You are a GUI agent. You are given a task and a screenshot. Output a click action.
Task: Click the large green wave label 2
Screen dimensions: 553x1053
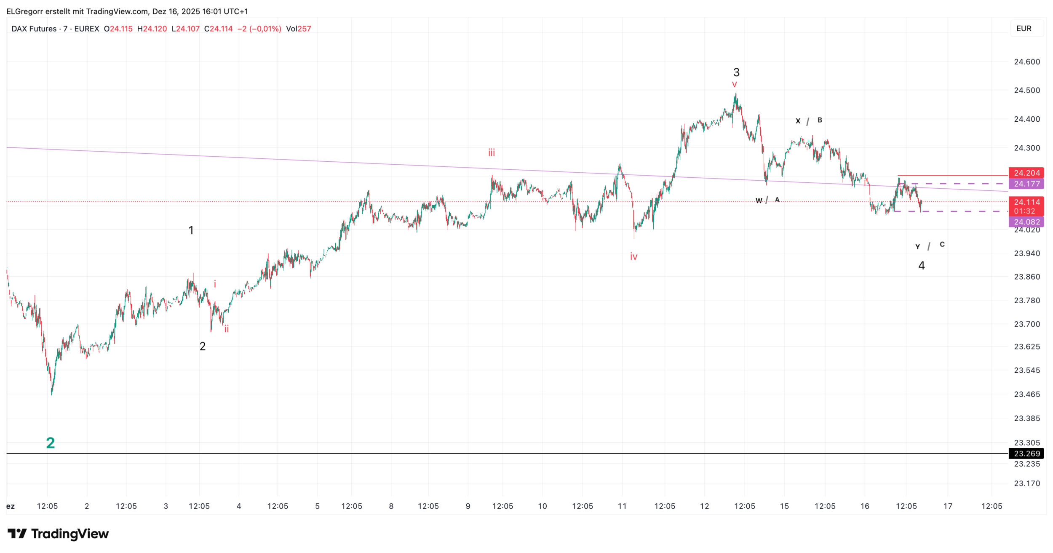tap(51, 443)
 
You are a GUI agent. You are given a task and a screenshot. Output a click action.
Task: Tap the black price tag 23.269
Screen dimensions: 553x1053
tap(1026, 454)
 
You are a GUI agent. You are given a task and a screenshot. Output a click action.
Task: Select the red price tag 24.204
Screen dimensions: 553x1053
tap(1026, 173)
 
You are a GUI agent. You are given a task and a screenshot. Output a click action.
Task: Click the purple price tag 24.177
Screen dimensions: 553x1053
tap(1026, 184)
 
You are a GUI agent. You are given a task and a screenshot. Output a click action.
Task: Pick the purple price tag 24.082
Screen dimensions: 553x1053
tap(1026, 222)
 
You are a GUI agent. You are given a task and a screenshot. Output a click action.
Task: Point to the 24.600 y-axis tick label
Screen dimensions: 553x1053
tap(1026, 62)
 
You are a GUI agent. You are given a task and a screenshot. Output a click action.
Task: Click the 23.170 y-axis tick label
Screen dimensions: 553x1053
tap(1026, 483)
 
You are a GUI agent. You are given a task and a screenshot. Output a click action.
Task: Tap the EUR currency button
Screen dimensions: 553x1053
tap(1024, 29)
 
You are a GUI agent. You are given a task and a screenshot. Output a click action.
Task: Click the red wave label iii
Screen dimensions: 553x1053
tap(492, 152)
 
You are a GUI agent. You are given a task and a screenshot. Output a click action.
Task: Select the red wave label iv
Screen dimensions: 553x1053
tap(633, 256)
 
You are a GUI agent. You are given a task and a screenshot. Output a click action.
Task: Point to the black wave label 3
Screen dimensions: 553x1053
tap(736, 72)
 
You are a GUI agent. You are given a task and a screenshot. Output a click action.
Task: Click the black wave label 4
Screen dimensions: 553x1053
tap(922, 266)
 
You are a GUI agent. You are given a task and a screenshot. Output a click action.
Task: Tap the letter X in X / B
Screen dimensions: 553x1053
tap(798, 121)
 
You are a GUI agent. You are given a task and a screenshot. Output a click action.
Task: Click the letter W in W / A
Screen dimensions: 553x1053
tap(759, 201)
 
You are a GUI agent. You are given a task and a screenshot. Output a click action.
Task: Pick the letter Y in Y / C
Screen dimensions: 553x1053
tap(917, 247)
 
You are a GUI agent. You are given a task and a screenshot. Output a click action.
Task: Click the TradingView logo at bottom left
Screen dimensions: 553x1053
tap(58, 534)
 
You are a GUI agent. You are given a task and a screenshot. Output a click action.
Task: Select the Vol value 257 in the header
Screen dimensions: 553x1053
tap(304, 29)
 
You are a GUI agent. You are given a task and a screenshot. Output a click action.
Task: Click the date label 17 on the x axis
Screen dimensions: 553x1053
tap(948, 506)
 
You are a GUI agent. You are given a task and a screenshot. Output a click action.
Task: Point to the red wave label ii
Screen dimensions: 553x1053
tap(227, 329)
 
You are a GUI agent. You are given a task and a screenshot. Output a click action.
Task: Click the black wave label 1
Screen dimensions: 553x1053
tap(191, 230)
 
